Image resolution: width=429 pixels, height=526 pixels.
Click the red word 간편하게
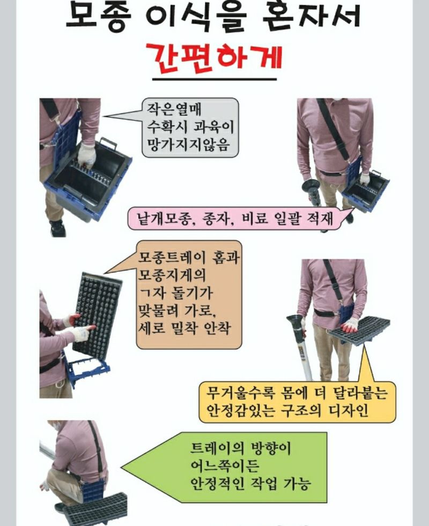tap(214, 56)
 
